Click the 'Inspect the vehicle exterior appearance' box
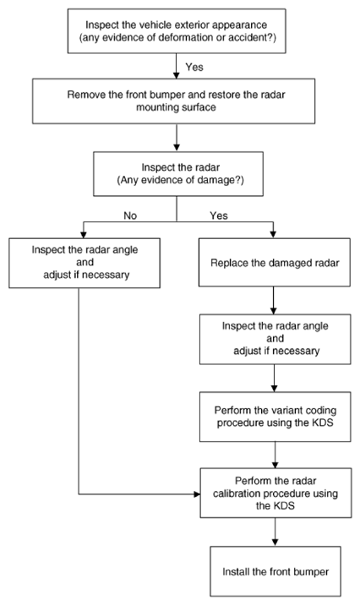coord(177,31)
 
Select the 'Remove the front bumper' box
coord(173,101)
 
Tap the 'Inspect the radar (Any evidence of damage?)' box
coord(178,173)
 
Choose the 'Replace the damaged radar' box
coord(275,263)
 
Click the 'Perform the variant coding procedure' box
coord(275,417)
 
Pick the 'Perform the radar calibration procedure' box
coord(275,493)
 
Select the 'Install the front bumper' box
coord(275,571)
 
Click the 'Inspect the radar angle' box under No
coord(85,263)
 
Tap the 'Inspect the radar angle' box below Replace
coord(275,339)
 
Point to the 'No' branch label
coord(130,215)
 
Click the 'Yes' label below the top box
coord(194,67)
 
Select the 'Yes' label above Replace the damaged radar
coord(219,215)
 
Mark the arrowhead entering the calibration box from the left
coord(197,493)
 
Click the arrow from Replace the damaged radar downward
coord(274,301)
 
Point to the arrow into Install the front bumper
coord(275,532)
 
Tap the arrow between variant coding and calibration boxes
coord(275,455)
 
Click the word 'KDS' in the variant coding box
coord(322,422)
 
